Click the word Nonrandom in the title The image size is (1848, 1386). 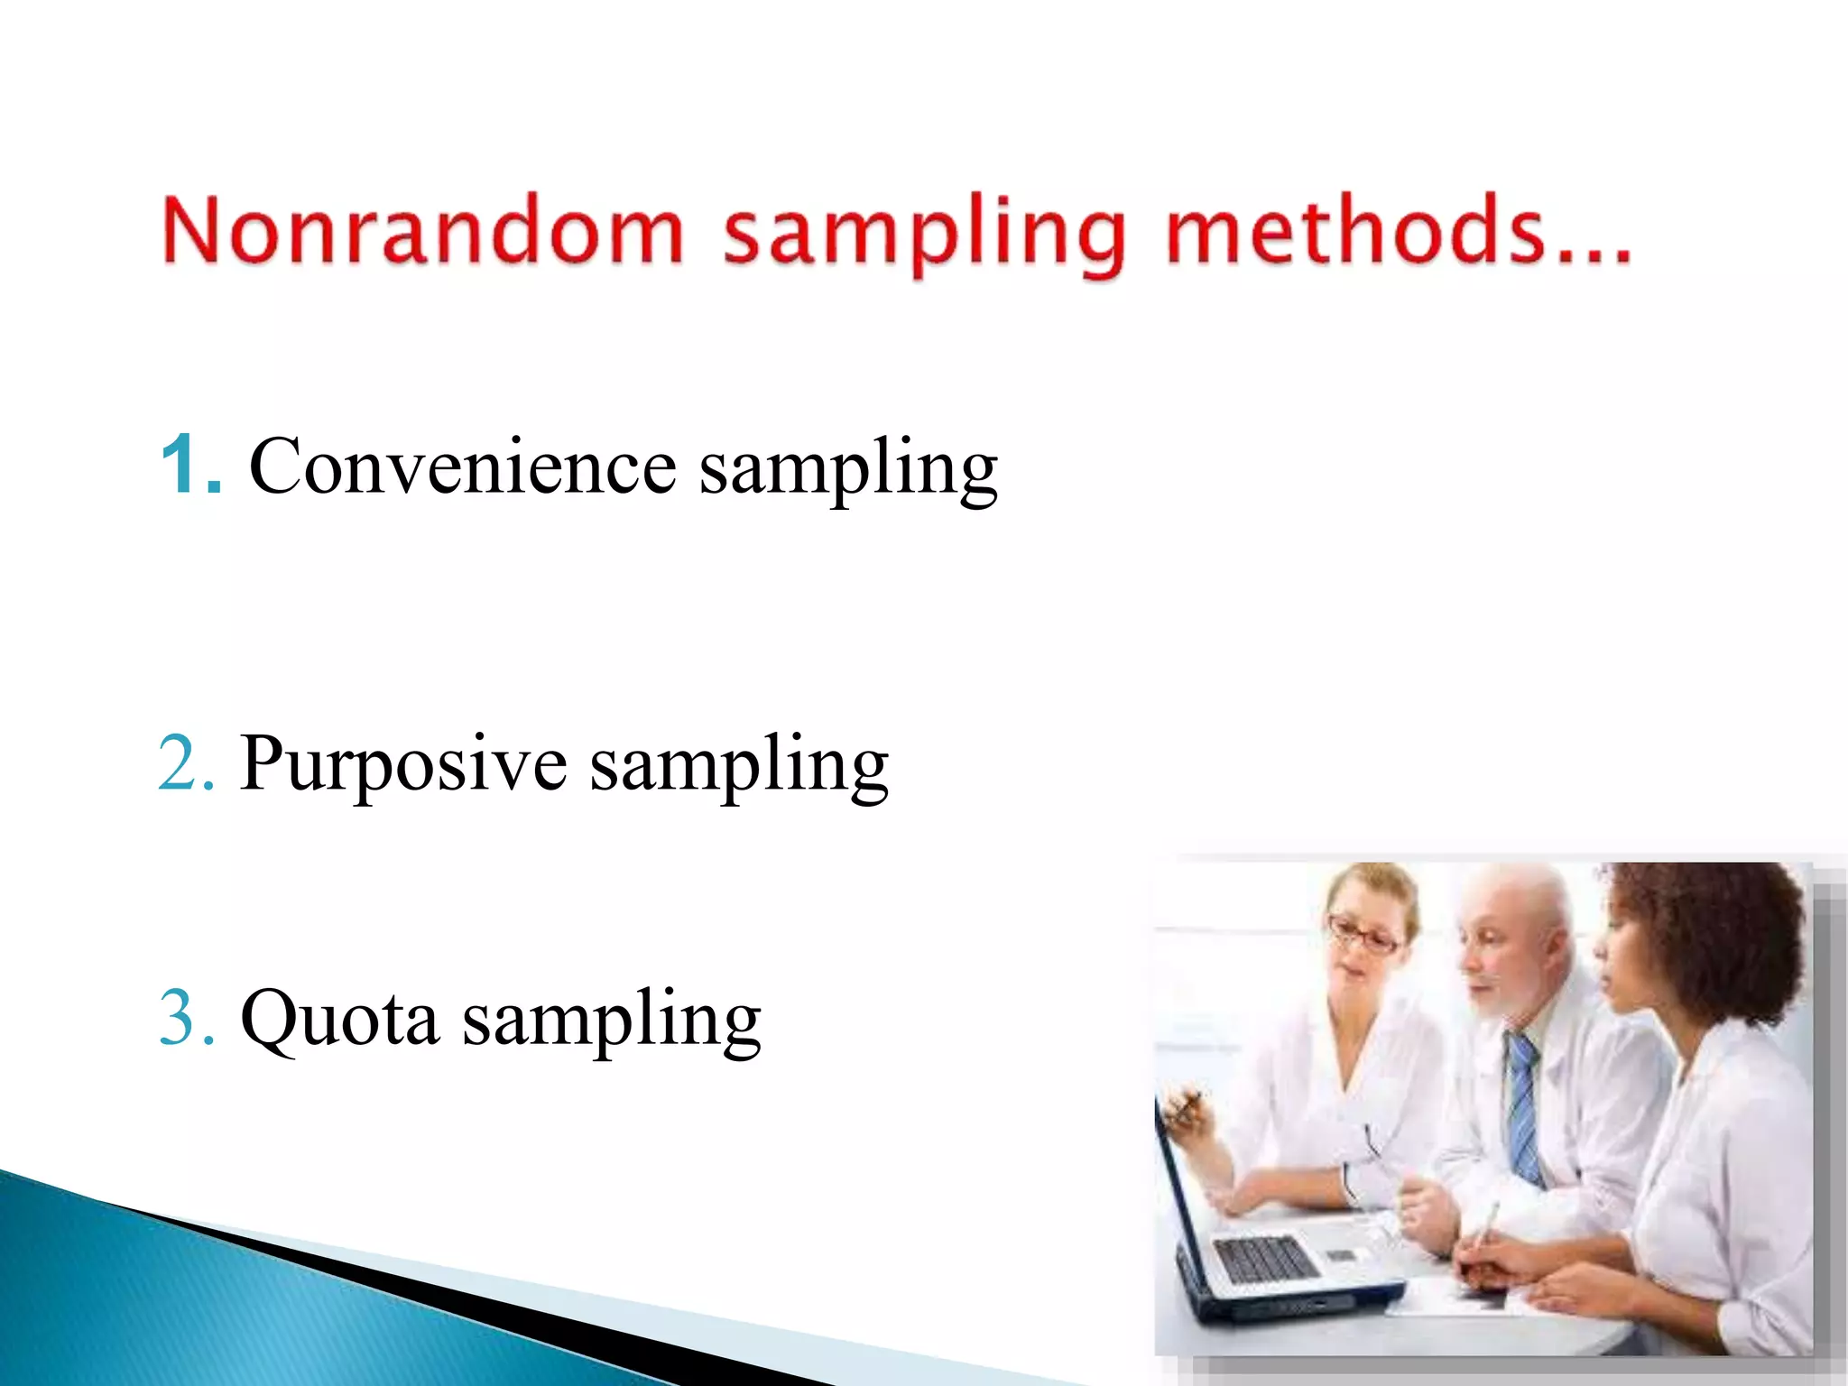tap(422, 232)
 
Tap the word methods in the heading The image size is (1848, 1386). tap(1354, 232)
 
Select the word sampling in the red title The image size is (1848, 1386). tap(925, 236)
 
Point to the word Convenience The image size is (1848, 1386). tap(462, 467)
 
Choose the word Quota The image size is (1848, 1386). tap(339, 1020)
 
